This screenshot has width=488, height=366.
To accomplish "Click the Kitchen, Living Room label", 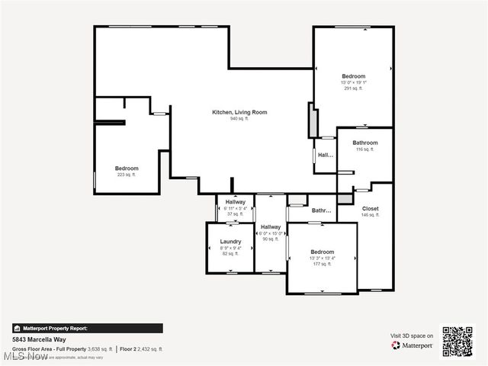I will coord(239,112).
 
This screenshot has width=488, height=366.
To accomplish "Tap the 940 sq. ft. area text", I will coord(239,119).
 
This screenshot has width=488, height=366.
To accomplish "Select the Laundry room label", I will coord(230,241).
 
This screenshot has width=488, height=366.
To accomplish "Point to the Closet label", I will coord(370,208).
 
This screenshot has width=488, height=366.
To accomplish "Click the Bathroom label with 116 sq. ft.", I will coord(365,143).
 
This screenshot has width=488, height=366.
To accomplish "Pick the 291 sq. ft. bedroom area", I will coord(353,88).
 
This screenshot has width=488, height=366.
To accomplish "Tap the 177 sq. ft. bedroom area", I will coord(321,264).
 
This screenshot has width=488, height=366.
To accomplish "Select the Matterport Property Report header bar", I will coord(87,328).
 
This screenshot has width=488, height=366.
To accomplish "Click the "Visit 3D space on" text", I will coord(412,335).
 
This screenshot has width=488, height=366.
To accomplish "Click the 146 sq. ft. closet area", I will coord(370,215).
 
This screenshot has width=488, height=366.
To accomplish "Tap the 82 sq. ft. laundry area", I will coord(230,254).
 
